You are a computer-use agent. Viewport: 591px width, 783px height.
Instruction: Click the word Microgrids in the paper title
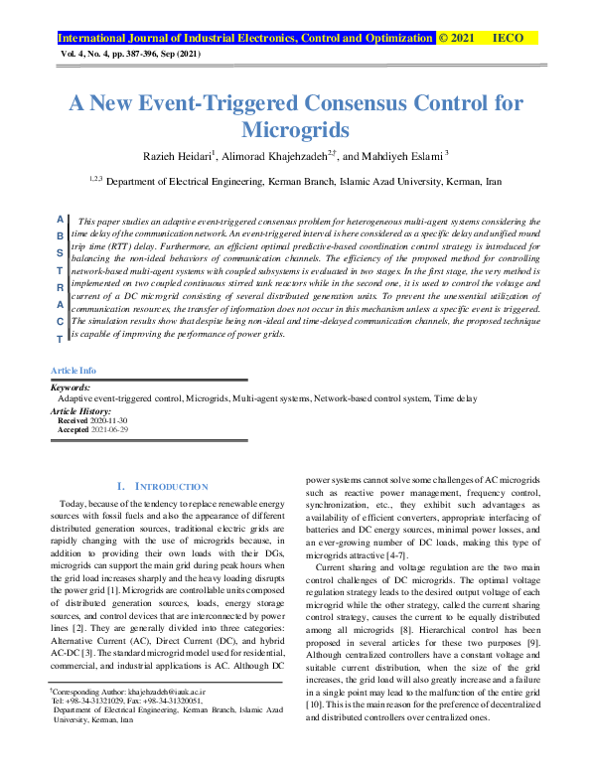[x=295, y=129]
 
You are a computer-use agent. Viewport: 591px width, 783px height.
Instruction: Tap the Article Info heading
[x=73, y=370]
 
